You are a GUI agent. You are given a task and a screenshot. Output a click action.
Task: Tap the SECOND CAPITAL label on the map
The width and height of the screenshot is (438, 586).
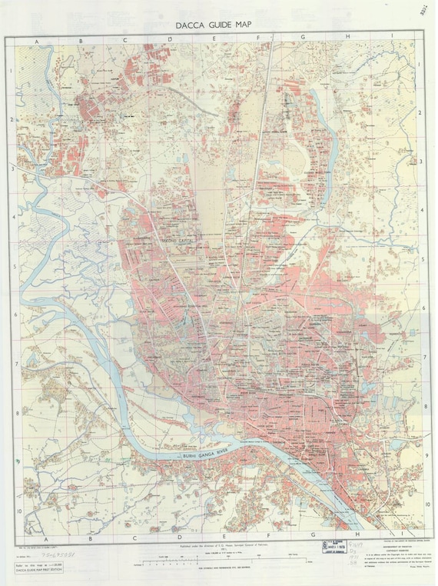click(176, 241)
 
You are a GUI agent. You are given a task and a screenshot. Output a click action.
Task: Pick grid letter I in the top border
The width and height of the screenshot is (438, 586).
click(392, 37)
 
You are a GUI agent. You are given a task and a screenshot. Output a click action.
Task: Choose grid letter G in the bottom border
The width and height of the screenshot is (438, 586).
click(313, 536)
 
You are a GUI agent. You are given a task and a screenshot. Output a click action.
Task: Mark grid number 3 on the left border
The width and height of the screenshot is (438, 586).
click(12, 168)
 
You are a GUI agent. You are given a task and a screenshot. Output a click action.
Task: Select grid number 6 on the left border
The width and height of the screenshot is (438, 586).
click(12, 315)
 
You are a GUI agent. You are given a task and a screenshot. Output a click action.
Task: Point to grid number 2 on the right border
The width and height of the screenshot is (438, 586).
click(421, 113)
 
